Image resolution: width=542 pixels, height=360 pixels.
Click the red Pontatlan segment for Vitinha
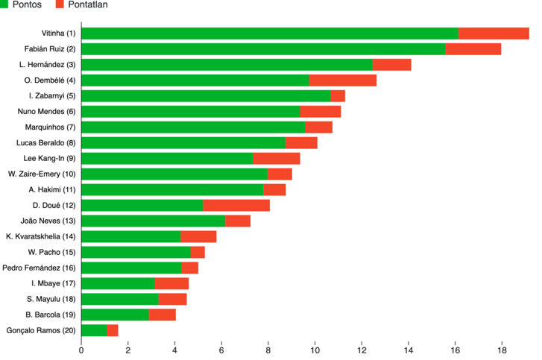494,33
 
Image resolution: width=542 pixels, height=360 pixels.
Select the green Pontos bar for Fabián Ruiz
264,49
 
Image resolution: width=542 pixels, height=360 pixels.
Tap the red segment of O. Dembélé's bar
342,80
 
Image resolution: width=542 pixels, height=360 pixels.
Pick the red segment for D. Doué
236,205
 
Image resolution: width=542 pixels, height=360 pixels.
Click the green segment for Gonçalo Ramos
95,330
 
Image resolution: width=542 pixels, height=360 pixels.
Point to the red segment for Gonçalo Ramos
113,330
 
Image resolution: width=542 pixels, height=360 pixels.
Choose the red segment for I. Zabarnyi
338,96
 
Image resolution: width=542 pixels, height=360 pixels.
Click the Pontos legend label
27,4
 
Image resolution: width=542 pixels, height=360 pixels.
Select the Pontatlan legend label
88,4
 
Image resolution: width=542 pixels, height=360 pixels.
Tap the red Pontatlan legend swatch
60,4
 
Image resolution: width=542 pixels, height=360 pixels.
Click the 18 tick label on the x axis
502,350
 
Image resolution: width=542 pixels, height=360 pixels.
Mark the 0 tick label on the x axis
81,350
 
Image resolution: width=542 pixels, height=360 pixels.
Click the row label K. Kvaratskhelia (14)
41,237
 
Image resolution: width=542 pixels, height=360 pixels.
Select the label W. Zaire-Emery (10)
42,174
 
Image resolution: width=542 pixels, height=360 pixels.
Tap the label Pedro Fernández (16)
39,268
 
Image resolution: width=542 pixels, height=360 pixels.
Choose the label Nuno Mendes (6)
46,112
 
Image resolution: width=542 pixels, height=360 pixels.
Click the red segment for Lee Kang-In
277,159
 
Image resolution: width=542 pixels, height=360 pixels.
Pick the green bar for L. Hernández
227,65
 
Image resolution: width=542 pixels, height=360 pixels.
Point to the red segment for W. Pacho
198,252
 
